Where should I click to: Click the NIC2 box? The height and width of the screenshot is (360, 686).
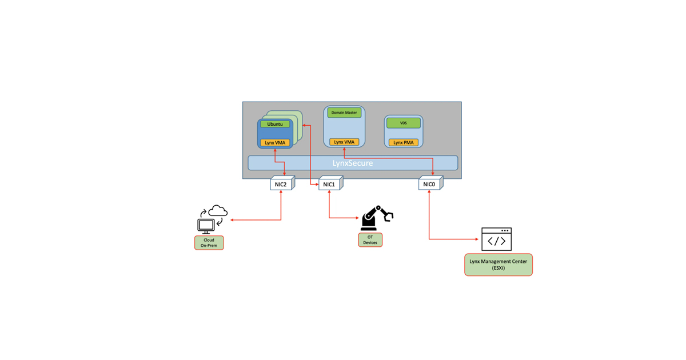(281, 184)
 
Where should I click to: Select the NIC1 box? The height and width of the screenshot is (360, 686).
(329, 184)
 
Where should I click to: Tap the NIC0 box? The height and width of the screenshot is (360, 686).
(429, 184)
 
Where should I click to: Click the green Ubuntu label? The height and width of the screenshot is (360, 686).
(275, 124)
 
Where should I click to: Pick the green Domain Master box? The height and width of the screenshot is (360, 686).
(344, 113)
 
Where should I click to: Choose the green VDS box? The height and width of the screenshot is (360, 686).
(404, 123)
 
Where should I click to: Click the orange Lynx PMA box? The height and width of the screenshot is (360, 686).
(404, 142)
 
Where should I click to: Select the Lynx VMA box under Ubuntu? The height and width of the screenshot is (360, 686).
(275, 142)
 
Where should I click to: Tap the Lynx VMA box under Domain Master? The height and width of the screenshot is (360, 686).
(344, 142)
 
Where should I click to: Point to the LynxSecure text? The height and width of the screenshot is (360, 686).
(353, 163)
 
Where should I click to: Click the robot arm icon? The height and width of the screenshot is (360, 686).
(377, 218)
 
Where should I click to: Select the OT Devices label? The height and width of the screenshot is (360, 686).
(370, 240)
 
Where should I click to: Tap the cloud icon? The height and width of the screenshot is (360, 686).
(218, 211)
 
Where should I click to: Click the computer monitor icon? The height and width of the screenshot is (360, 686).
(205, 225)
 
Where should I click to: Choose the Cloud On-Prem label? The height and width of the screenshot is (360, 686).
(209, 242)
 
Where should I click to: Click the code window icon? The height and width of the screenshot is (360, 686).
(496, 239)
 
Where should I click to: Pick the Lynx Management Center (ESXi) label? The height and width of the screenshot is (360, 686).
(498, 265)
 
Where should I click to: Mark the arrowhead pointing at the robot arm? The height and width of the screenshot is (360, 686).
(359, 218)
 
